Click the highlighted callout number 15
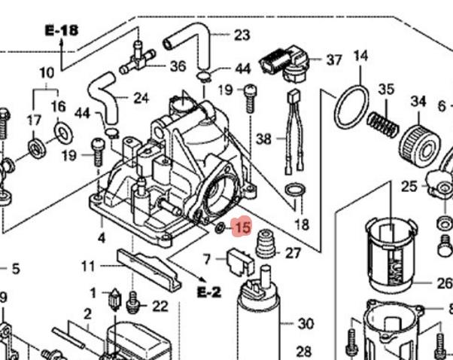coord(242,227)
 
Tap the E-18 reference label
coord(61,31)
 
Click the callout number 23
coord(242,35)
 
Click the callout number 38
coord(263,139)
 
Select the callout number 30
coord(305,325)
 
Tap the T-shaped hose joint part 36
coord(140,54)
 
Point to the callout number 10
coord(47,73)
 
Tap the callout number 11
coord(89,266)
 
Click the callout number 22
coord(160,306)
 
